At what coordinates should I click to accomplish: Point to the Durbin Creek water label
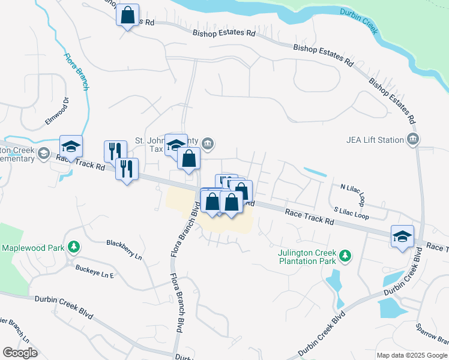pyautogui.click(x=358, y=20)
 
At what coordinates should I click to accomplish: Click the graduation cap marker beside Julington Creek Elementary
pyautogui.click(x=71, y=146)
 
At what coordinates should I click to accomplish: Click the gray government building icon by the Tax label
pyautogui.click(x=208, y=143)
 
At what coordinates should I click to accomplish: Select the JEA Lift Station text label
pyautogui.click(x=375, y=140)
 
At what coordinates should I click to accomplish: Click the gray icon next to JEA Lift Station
pyautogui.click(x=412, y=140)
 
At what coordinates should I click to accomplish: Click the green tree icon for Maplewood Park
pyautogui.click(x=73, y=247)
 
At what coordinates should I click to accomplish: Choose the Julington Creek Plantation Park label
pyautogui.click(x=307, y=257)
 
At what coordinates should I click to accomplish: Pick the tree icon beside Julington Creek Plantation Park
pyautogui.click(x=345, y=256)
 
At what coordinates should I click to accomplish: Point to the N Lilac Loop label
pyautogui.click(x=352, y=193)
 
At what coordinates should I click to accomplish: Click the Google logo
pyautogui.click(x=20, y=353)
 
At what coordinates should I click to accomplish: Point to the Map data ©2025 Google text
pyautogui.click(x=411, y=355)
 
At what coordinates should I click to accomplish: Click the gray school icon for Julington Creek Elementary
pyautogui.click(x=43, y=154)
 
